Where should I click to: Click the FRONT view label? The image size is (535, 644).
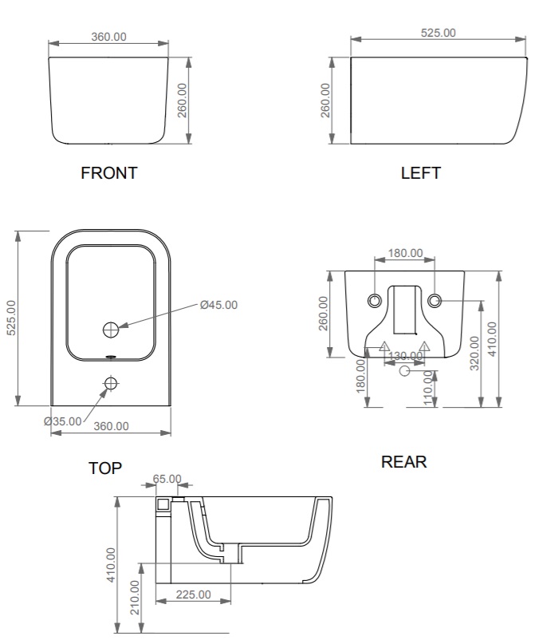[x=108, y=173]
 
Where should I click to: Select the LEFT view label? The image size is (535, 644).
[x=421, y=173]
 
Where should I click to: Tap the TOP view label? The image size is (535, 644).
[x=105, y=468]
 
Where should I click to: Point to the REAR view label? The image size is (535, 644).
[x=404, y=461]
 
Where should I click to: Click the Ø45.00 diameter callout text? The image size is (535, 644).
[x=218, y=305]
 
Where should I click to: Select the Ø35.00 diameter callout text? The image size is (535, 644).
[x=63, y=421]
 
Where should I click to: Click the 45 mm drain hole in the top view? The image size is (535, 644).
[x=110, y=329]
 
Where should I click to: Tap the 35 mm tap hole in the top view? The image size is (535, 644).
[x=111, y=384]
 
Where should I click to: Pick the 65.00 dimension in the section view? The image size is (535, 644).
[x=167, y=479]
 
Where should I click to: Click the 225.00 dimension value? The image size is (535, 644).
[x=194, y=595]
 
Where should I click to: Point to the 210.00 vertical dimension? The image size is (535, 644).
[x=135, y=597]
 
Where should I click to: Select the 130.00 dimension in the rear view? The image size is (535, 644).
[x=405, y=356]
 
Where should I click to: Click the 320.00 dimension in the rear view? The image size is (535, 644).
[x=474, y=354]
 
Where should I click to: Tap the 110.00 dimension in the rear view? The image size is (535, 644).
[x=428, y=388]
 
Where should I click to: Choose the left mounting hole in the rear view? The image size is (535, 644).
[x=374, y=301]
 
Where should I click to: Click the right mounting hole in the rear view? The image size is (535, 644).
[x=435, y=301]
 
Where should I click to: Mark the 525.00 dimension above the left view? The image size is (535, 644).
[x=439, y=33]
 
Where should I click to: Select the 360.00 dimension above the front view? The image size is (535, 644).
[x=108, y=37]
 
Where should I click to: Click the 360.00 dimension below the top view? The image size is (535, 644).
[x=111, y=426]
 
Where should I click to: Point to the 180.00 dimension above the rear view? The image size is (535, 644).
[x=405, y=253]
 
